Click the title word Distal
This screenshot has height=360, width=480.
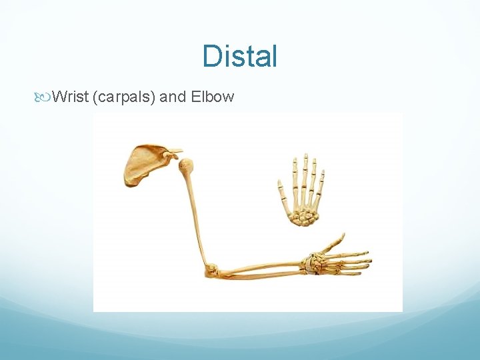coord(240,56)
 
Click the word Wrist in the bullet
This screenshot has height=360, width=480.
coord(71,97)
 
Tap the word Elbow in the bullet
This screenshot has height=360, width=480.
coord(212,97)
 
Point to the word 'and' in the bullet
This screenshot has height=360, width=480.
coord(173,97)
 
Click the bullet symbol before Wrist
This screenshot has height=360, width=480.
coord(45,97)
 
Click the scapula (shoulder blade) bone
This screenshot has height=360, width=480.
coord(143,163)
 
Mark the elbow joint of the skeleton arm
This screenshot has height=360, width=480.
coord(212,270)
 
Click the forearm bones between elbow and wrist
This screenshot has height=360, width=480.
coord(260,270)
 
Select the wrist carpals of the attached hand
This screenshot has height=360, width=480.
coord(310,265)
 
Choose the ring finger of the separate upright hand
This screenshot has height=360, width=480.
coord(314,170)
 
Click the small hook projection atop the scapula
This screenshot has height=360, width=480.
coord(175,152)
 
